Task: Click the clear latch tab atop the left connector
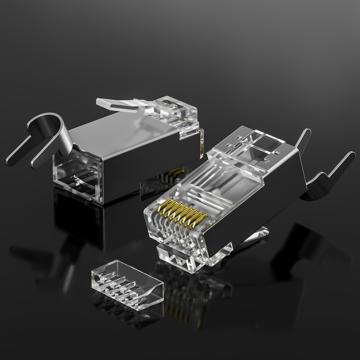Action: click(x=119, y=104)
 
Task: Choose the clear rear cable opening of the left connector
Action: click(x=77, y=176)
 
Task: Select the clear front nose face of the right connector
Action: click(x=158, y=223)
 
